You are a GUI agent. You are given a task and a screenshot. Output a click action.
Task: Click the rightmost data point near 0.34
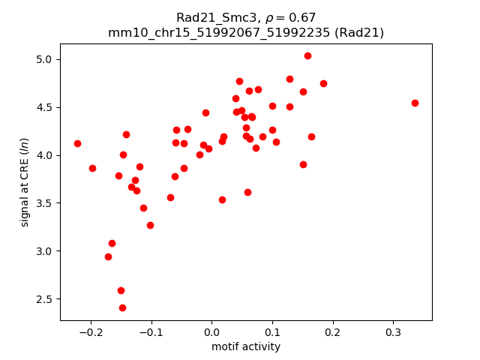[x=415, y=103]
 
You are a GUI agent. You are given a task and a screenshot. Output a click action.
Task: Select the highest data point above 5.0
[x=307, y=55]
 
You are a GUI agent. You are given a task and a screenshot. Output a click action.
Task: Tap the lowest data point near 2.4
[x=122, y=307]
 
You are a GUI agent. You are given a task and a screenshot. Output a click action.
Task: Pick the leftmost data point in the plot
[x=77, y=143]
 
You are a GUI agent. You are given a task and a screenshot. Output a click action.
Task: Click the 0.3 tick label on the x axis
[x=393, y=331]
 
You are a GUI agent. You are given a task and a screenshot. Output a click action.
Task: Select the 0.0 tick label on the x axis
[x=211, y=331]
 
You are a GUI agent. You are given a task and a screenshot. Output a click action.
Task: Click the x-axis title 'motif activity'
[x=246, y=346]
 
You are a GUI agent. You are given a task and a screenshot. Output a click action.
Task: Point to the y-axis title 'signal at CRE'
[x=25, y=182]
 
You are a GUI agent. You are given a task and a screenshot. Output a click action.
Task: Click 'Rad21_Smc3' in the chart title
[x=211, y=17]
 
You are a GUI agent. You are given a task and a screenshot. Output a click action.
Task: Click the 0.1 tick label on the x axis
[x=272, y=331]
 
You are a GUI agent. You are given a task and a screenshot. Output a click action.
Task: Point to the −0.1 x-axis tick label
[x=148, y=331]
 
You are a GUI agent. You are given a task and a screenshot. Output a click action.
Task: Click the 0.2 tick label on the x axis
[x=332, y=331]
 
